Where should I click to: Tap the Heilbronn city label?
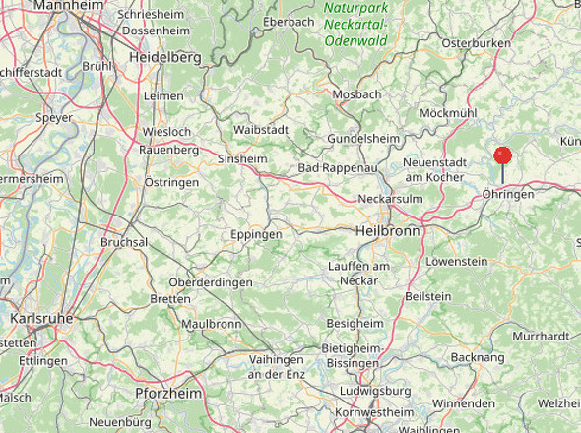click(x=386, y=230)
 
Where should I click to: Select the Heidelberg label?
click(x=164, y=58)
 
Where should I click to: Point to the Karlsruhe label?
click(x=41, y=319)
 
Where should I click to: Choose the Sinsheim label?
click(x=242, y=157)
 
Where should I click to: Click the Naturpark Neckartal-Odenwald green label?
click(x=355, y=24)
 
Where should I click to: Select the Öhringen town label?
click(x=508, y=195)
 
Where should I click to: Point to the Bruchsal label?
click(x=124, y=242)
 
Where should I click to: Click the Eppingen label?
click(x=255, y=235)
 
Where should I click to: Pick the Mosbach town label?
click(x=357, y=94)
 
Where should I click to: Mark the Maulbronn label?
click(x=211, y=323)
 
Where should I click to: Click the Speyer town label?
click(x=54, y=117)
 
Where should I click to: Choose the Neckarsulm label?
click(x=390, y=198)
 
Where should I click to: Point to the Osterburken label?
click(x=477, y=43)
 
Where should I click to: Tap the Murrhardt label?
click(x=542, y=336)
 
